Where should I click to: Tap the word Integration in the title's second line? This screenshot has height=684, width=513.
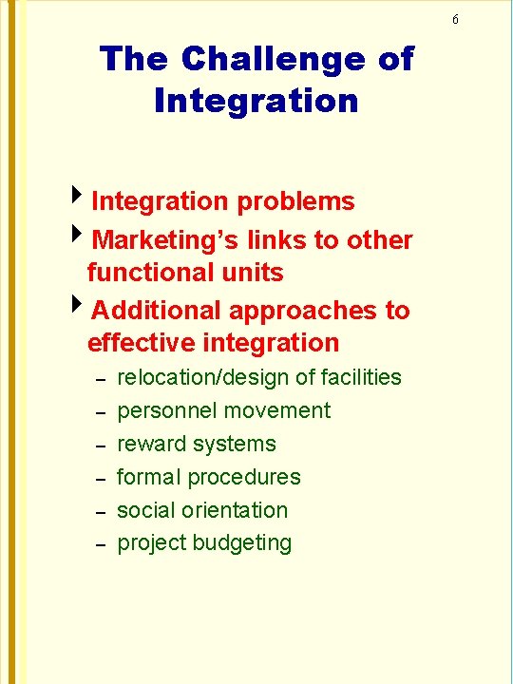point(256,101)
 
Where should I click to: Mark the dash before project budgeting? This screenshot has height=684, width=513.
point(99,545)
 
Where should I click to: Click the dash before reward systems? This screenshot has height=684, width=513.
point(99,446)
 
